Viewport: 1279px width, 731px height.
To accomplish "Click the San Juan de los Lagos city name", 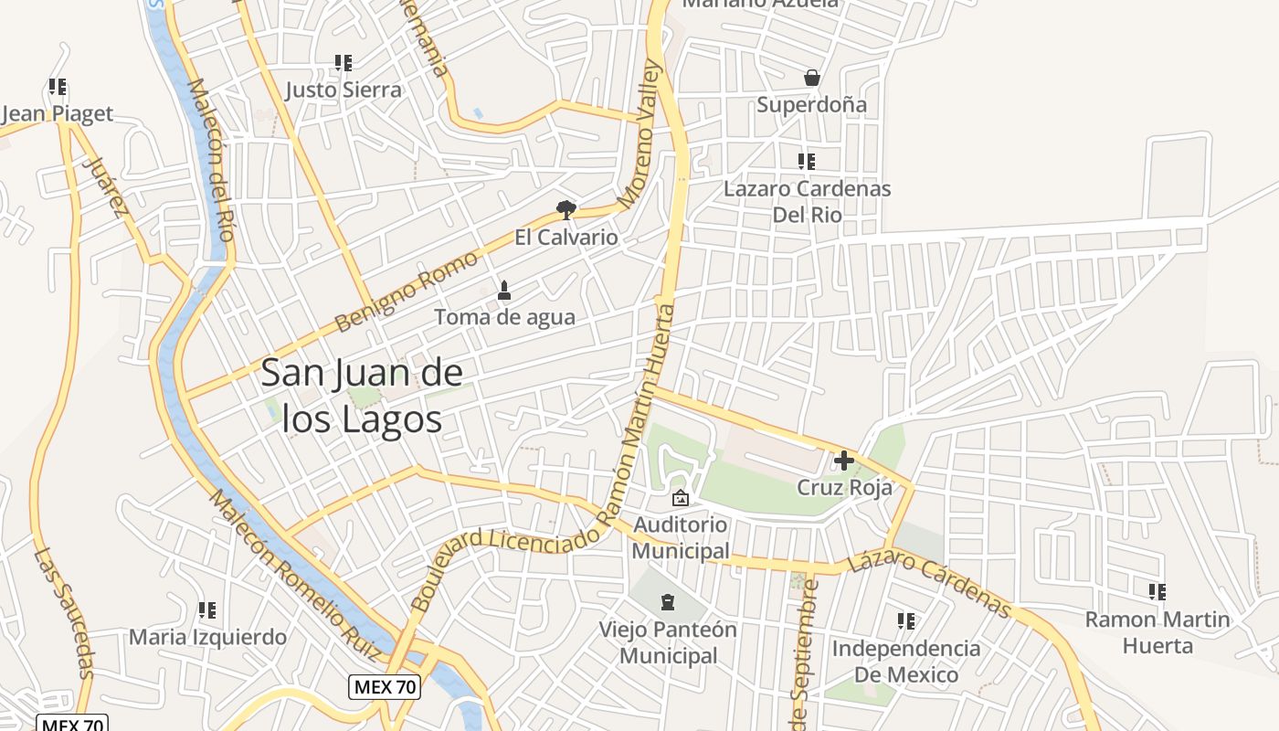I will pos(362,396).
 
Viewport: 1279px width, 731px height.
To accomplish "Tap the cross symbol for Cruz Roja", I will pos(843,460).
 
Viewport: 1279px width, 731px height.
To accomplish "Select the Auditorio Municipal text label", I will pos(681,537).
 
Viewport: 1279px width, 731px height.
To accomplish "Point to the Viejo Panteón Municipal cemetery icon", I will pos(668,602).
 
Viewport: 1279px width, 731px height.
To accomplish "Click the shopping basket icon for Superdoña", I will pos(811,79).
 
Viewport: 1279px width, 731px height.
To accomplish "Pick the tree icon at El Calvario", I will pos(566,210).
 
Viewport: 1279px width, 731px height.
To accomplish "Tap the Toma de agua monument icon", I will pos(503,291).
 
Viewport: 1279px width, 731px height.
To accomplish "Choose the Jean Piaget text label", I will pos(58,113).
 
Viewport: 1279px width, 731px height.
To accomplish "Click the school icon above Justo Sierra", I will pos(344,63).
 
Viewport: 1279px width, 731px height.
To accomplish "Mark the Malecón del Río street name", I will pos(210,159).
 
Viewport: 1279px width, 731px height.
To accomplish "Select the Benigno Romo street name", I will pos(406,291).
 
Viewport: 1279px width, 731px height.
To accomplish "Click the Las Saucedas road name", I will pos(65,612).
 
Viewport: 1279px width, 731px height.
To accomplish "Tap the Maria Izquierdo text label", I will pos(207,637).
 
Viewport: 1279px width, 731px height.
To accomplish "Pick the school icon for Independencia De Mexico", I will pos(905,621).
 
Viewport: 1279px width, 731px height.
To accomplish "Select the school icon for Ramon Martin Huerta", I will pos(1157,591).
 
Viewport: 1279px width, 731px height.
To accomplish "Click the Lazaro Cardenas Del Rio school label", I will pos(807,201).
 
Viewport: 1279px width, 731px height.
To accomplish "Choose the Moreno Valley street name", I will pos(639,132).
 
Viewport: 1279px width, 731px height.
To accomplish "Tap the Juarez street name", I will pos(105,188).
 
